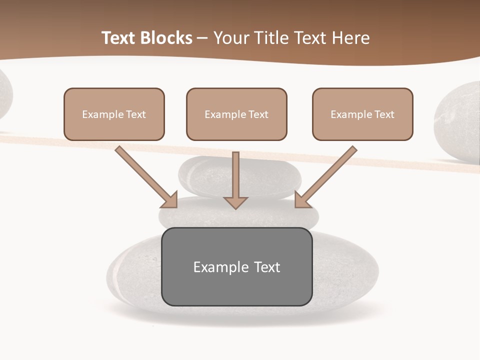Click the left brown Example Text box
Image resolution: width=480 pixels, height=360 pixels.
click(x=114, y=114)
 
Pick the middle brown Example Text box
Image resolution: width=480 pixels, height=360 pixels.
click(x=236, y=114)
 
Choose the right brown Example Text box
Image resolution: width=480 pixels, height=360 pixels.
click(x=362, y=114)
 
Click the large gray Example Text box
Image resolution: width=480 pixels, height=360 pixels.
click(x=236, y=266)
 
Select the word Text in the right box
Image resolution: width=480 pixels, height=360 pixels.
click(x=384, y=114)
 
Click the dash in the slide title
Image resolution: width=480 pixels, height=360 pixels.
click(x=202, y=38)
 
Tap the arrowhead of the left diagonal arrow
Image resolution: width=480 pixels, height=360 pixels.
click(x=170, y=200)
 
